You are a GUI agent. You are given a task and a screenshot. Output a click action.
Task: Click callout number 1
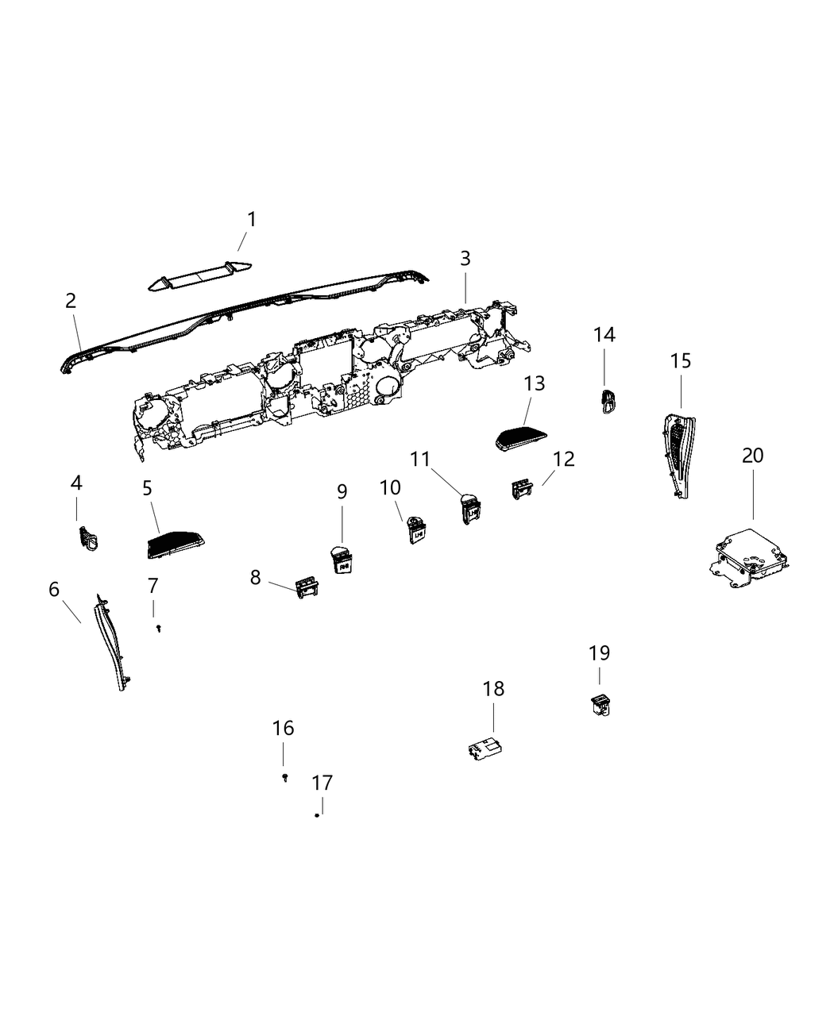[251, 219]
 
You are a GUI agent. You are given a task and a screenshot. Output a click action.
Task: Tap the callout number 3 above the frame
[465, 258]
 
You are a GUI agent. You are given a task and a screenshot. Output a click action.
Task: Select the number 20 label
[752, 456]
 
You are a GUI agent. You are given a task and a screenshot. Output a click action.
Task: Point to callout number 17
[322, 783]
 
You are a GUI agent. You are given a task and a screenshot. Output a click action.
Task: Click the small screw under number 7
[159, 629]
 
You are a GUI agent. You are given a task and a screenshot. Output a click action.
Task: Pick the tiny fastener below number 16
[285, 777]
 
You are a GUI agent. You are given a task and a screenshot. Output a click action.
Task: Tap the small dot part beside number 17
[317, 815]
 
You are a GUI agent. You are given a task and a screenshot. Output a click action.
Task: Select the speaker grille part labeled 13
[520, 438]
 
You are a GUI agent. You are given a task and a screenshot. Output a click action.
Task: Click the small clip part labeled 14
[608, 401]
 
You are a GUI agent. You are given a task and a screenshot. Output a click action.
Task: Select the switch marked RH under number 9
[341, 560]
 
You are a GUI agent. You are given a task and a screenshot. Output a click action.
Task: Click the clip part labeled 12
[522, 489]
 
